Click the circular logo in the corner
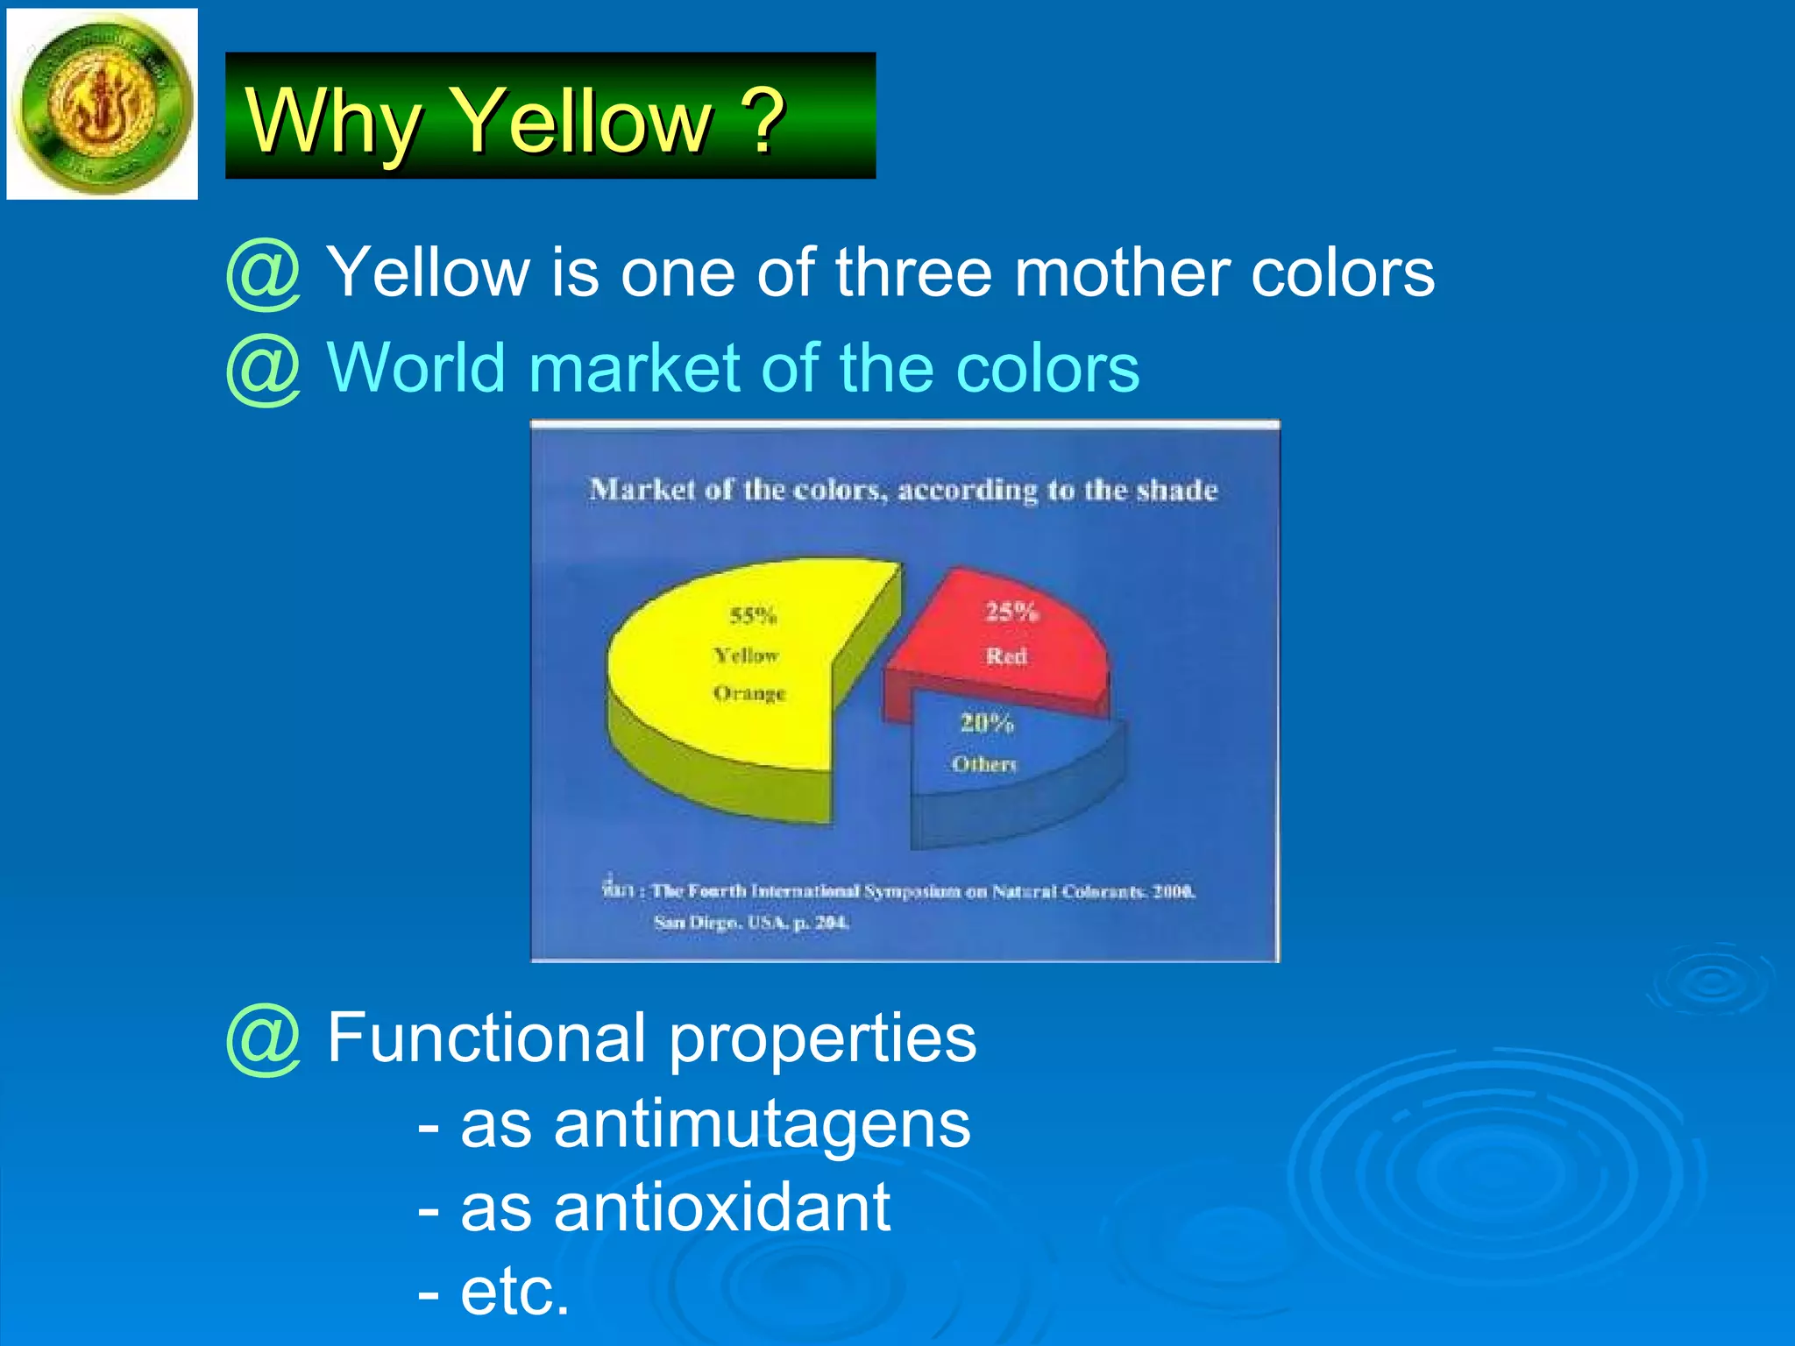103,103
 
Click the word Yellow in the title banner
585,121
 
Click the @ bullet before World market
263,370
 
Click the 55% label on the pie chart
753,615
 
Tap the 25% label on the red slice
1011,611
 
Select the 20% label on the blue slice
987,723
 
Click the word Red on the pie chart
1005,655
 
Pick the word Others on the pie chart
984,764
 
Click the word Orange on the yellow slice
749,693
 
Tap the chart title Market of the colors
903,489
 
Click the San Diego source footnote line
751,923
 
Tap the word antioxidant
721,1208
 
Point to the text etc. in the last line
514,1292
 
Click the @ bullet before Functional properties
263,1039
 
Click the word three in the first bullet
912,273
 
